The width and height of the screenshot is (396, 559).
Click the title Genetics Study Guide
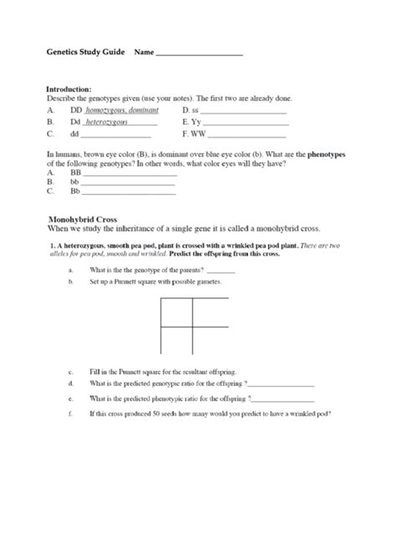pos(84,52)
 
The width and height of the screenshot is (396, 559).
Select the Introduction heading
pos(69,89)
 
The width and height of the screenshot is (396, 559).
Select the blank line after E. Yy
pos(246,123)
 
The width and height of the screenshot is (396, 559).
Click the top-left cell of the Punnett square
pos(176,310)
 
